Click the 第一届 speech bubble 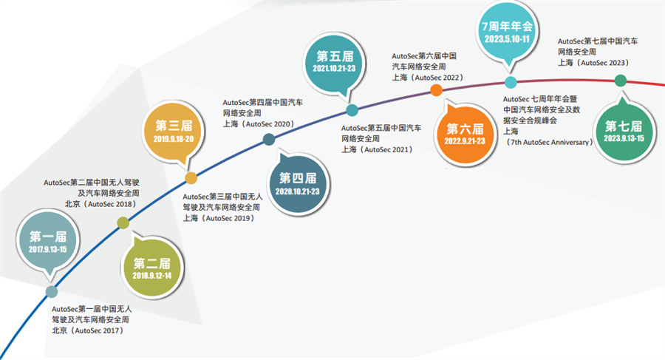pyautogui.click(x=48, y=241)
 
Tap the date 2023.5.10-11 pyautogui.click(x=507, y=37)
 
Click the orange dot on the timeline pyautogui.click(x=436, y=90)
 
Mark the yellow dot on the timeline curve pyautogui.click(x=191, y=178)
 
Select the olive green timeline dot pyautogui.click(x=123, y=223)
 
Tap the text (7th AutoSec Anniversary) pyautogui.click(x=550, y=141)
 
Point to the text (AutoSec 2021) pyautogui.click(x=384, y=149)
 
